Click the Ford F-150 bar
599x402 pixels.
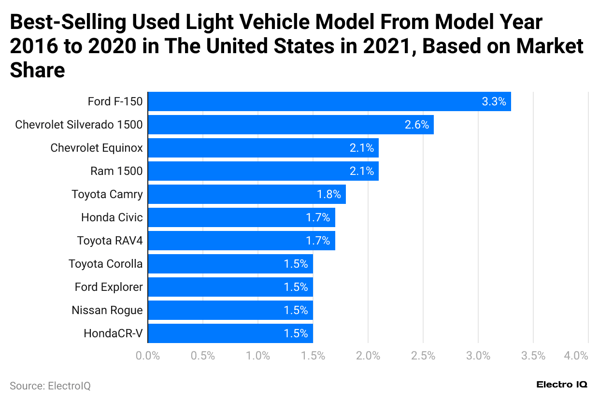[x=329, y=101]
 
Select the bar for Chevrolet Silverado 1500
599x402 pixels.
[x=290, y=125]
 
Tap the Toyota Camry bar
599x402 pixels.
[x=246, y=194]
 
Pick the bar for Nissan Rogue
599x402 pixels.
[x=230, y=310]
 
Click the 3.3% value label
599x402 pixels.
[x=494, y=101]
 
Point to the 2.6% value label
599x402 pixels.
[x=417, y=125]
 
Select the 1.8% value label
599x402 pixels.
[x=329, y=194]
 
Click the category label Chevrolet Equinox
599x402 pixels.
[x=97, y=148]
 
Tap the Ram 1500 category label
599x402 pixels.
[x=116, y=171]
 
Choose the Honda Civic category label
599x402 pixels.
[x=112, y=217]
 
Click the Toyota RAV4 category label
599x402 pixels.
[x=110, y=241]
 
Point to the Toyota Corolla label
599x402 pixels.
[x=105, y=264]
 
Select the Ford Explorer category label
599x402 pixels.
[x=109, y=287]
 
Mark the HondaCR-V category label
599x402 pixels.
[x=113, y=333]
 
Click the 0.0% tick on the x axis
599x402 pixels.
[x=148, y=356]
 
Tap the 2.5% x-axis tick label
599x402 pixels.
[x=423, y=356]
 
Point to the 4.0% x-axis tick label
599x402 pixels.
[x=576, y=356]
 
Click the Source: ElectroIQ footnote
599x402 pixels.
[x=50, y=386]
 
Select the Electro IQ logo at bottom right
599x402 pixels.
[x=562, y=385]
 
